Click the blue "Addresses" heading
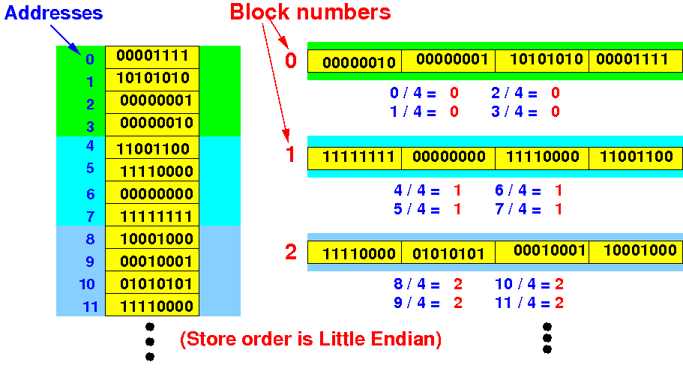53,13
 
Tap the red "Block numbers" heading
310,12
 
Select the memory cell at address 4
152,148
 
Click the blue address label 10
87,284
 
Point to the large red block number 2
291,252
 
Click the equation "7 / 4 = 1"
529,209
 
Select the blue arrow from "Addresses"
65,40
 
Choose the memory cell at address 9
152,260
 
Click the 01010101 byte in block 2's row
448,253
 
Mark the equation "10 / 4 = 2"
529,284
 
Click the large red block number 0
291,60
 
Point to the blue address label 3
90,127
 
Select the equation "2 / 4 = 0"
526,93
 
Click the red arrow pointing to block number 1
276,82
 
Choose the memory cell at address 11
152,305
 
